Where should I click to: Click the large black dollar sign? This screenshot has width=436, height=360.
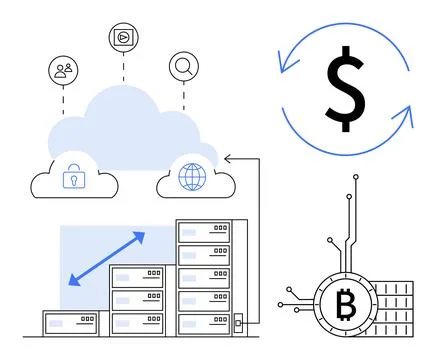344,88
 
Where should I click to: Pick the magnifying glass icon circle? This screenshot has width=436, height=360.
184,67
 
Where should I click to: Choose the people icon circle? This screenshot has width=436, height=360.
63,70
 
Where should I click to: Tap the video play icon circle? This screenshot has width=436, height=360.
123,37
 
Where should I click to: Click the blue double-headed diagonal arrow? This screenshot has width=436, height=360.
107,258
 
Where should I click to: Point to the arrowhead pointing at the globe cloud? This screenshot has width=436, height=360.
228,157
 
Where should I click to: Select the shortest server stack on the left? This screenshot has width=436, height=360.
75,323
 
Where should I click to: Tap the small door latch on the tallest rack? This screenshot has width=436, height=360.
237,323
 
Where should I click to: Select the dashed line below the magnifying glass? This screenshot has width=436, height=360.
184,95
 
